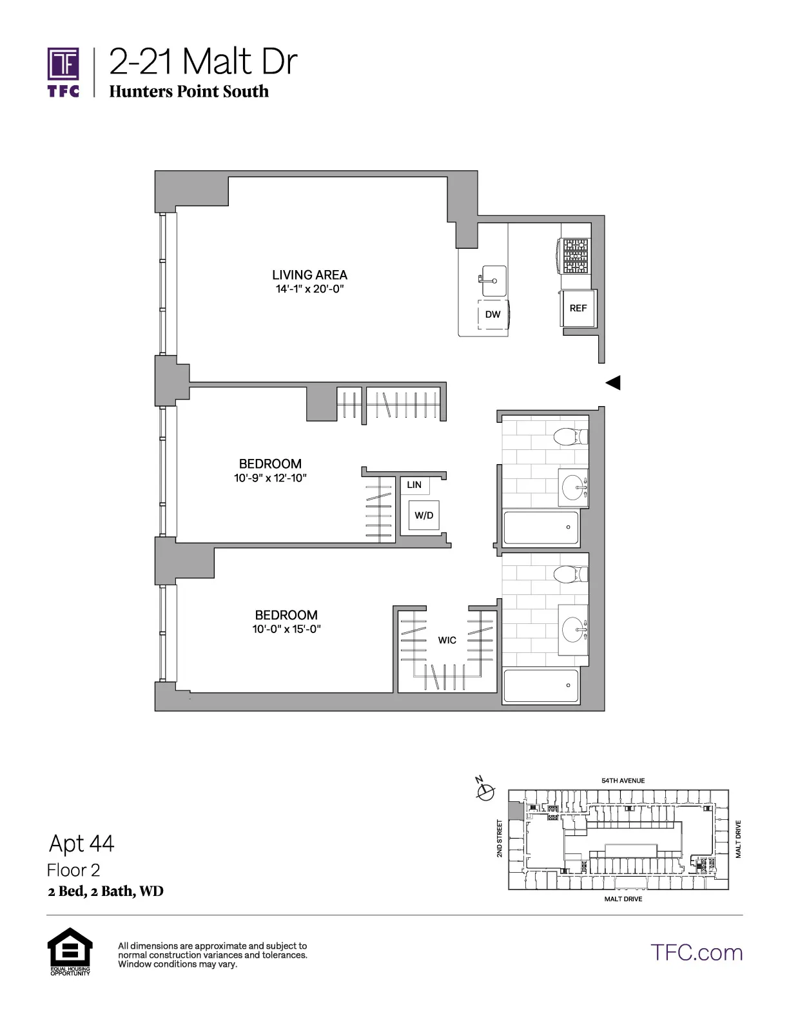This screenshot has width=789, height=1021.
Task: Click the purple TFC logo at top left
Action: [63, 72]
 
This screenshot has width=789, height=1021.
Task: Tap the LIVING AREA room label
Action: [309, 275]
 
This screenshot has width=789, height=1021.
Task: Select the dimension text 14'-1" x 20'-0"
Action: [309, 289]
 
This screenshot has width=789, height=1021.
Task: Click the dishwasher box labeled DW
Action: [492, 315]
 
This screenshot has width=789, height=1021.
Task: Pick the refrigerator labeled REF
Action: [578, 308]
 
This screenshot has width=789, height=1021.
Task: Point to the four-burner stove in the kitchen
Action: [576, 256]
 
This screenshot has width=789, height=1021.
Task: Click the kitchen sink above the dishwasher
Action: [493, 280]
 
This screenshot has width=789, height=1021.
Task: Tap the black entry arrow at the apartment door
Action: [613, 383]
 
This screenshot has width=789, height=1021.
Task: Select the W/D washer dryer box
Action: [424, 515]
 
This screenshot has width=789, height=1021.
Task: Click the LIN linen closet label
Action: [414, 485]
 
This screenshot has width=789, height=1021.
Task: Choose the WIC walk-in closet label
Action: [447, 640]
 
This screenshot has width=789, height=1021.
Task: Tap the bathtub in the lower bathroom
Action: [541, 686]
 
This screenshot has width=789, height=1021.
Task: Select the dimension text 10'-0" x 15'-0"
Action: [286, 629]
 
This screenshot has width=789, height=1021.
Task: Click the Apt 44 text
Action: [82, 843]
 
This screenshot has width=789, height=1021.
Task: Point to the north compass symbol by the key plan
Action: [485, 790]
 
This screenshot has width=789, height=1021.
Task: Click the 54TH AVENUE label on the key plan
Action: [623, 781]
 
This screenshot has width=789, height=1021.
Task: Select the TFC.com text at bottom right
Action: [696, 953]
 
